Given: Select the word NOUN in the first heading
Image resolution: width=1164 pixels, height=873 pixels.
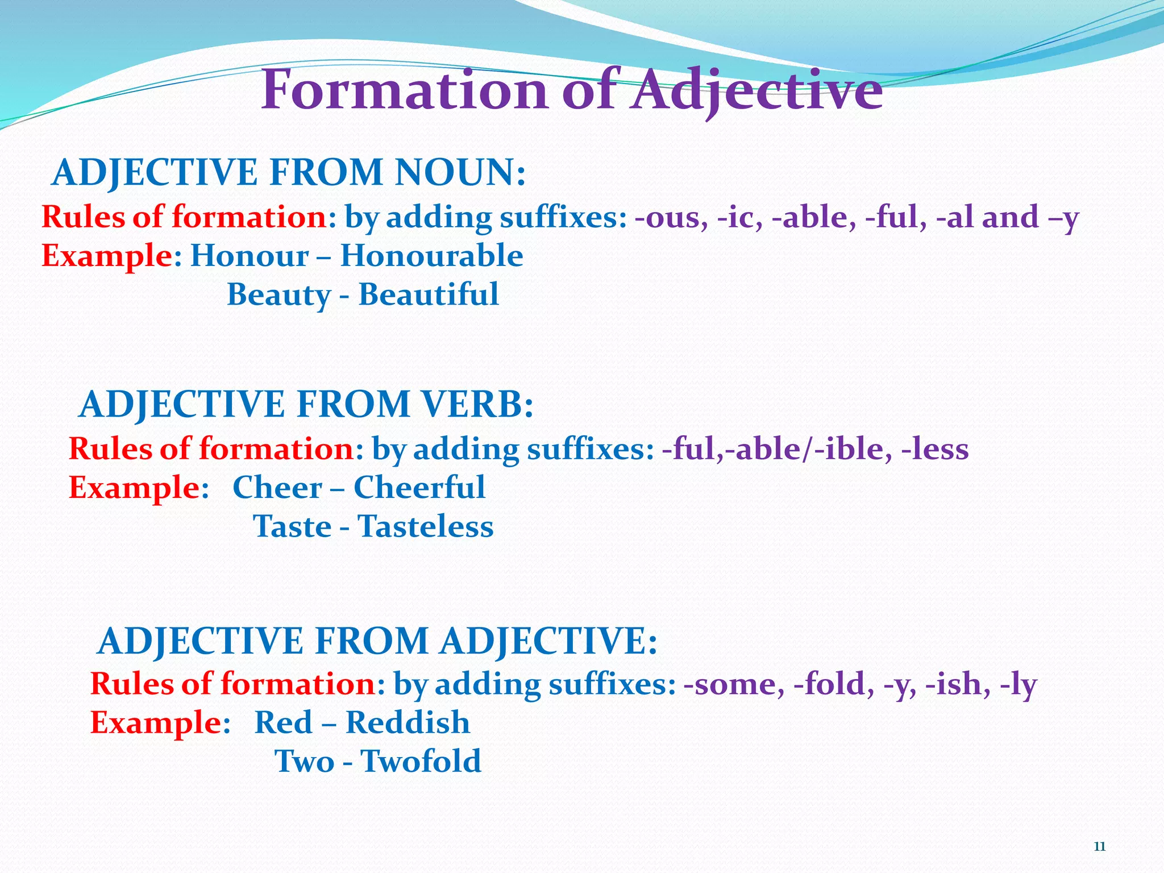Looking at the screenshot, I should point(460,172).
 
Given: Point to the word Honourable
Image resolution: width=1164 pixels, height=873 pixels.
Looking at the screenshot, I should point(431,256).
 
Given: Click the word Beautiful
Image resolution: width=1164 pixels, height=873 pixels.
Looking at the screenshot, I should point(429,294).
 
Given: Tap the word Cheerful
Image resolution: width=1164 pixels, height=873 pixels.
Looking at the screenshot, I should point(419,488).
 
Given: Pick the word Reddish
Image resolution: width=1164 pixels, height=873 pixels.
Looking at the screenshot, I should point(408,722).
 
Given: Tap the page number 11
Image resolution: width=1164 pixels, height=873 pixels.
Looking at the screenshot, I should point(1099,847).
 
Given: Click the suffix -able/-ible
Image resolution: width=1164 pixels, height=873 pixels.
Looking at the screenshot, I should point(808,449).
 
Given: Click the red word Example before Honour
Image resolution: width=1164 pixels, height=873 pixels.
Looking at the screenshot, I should point(107,256).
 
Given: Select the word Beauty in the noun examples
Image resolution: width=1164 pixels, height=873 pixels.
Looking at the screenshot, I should point(278,294).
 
